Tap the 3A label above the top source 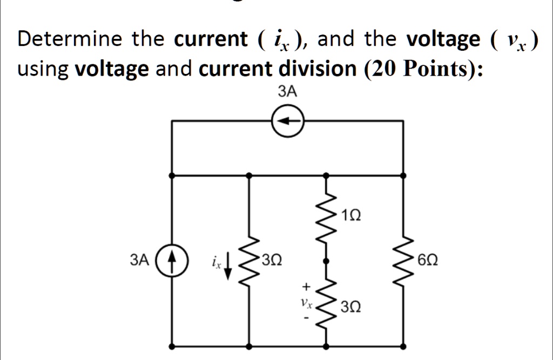[x=287, y=92]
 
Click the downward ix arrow [x=228, y=265]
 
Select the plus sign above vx [x=306, y=286]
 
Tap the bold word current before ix [x=210, y=39]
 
